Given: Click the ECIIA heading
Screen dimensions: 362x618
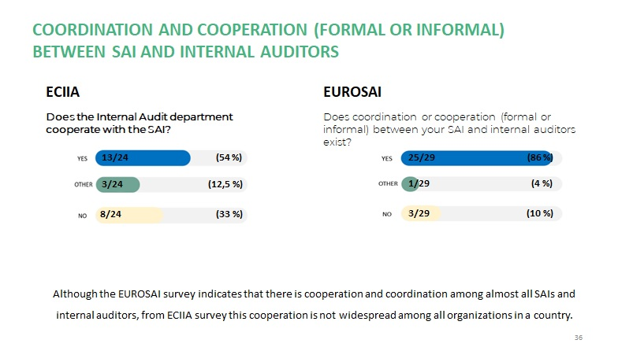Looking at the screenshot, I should pyautogui.click(x=63, y=93).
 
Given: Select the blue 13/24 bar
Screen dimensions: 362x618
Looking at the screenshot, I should pyautogui.click(x=143, y=158).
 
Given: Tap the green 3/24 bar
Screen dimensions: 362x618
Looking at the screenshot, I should pyautogui.click(x=117, y=185).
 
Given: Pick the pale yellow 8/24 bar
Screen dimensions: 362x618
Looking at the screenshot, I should pyautogui.click(x=128, y=214).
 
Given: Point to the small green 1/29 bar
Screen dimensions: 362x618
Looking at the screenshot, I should pyautogui.click(x=410, y=184).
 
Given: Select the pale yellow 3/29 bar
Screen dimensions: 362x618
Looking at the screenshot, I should pyautogui.click(x=421, y=213).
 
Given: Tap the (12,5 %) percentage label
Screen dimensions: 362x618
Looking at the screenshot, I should pyautogui.click(x=224, y=185).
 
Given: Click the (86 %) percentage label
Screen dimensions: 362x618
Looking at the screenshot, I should pyautogui.click(x=540, y=158).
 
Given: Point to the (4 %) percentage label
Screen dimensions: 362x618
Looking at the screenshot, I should pyautogui.click(x=542, y=184).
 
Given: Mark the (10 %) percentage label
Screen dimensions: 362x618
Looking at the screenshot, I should pyautogui.click(x=540, y=213).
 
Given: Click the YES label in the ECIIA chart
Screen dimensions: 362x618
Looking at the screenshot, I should pyautogui.click(x=82, y=159).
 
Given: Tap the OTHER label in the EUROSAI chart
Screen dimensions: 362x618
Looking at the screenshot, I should pyautogui.click(x=388, y=184).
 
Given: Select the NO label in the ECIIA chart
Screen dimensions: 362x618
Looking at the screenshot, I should pyautogui.click(x=82, y=215).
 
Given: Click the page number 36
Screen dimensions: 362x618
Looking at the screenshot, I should pyautogui.click(x=578, y=338).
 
